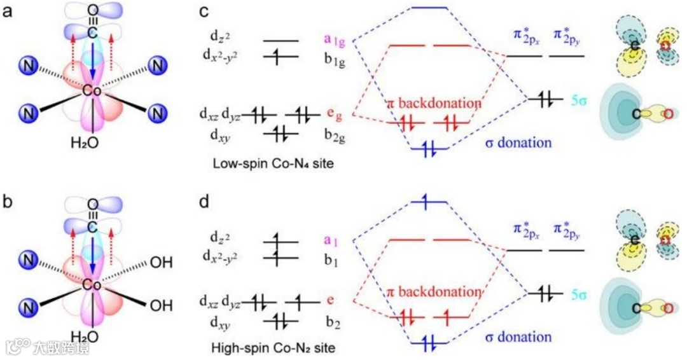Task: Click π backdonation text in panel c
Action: [434, 102]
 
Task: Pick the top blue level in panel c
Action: [430, 8]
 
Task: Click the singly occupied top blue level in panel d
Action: [430, 202]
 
